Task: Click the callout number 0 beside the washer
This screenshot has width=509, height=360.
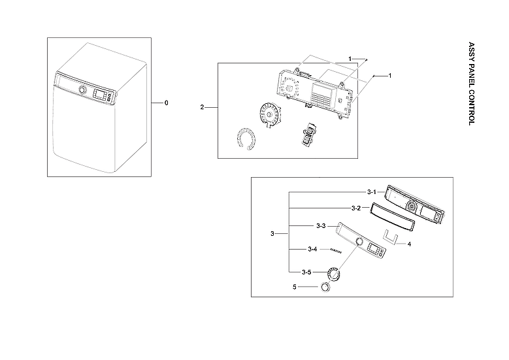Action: pyautogui.click(x=166, y=103)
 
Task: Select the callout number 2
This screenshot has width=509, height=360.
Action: pyautogui.click(x=203, y=106)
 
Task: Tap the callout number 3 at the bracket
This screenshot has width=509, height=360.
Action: pyautogui.click(x=272, y=233)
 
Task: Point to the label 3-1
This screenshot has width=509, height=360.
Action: pyautogui.click(x=371, y=192)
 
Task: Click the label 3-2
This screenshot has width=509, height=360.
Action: pyautogui.click(x=356, y=208)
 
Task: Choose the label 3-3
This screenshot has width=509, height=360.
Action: pyautogui.click(x=321, y=225)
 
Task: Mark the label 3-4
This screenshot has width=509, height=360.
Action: pyautogui.click(x=313, y=250)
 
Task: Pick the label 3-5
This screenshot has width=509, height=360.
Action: pyautogui.click(x=306, y=272)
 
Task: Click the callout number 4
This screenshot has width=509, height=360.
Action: pyautogui.click(x=409, y=244)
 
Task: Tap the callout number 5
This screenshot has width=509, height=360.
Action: pyautogui.click(x=294, y=286)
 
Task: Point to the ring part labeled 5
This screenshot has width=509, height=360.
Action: pyautogui.click(x=325, y=287)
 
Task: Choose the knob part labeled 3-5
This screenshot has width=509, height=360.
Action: pyautogui.click(x=335, y=272)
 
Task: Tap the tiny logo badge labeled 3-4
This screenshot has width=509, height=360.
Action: pyautogui.click(x=335, y=250)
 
